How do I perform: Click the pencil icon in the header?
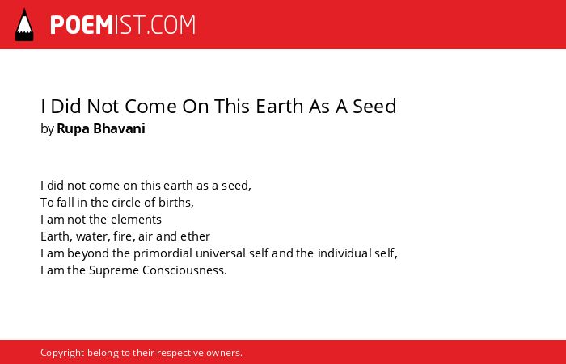24,25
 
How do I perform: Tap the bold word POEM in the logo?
82,25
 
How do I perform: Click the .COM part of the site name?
171,25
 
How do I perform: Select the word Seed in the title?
374,107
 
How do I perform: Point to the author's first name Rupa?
74,129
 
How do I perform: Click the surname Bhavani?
119,128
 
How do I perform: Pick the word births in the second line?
176,203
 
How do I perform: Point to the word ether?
196,236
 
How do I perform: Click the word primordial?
163,253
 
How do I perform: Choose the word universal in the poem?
221,253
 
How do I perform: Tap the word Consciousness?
184,270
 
